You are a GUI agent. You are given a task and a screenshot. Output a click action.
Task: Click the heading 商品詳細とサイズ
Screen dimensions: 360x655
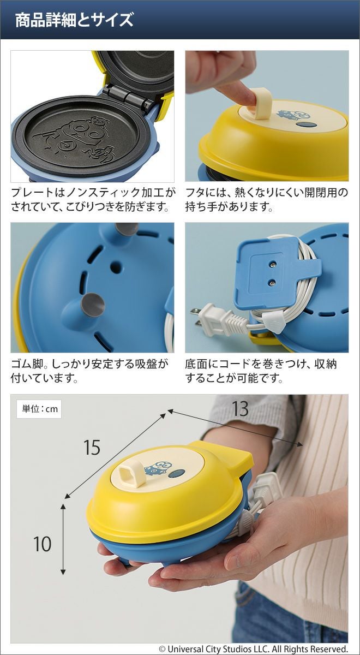point(74,20)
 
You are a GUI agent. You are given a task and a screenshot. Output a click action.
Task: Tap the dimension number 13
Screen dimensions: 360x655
point(240,409)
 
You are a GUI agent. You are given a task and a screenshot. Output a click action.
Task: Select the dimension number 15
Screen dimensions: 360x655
point(92,447)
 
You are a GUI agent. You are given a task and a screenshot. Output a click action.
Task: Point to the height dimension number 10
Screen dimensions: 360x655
point(43,544)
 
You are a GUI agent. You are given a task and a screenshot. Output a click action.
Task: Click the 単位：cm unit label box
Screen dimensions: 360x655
point(39,408)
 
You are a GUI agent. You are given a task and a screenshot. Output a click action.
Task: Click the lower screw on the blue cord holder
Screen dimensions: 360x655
point(272,282)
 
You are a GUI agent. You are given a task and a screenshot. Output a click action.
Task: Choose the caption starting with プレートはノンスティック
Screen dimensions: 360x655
point(93,200)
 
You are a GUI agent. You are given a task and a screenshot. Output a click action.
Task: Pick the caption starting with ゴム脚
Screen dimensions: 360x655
point(89,371)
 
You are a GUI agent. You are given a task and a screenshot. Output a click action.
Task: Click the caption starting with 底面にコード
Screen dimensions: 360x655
point(261,371)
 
